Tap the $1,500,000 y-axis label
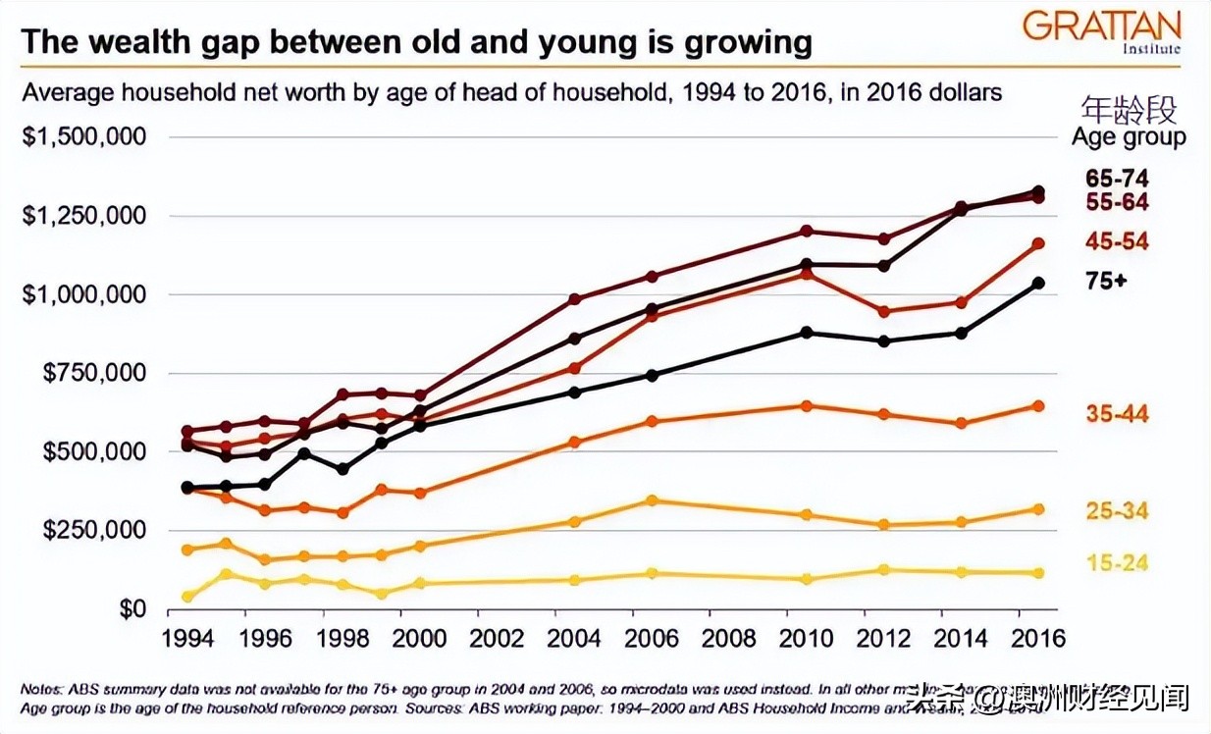[83, 136]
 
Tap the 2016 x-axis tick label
[1038, 638]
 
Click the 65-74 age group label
[1117, 179]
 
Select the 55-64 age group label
[1117, 202]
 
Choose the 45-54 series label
[1117, 242]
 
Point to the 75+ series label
[1106, 281]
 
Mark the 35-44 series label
[1117, 413]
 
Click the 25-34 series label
[1117, 511]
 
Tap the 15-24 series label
[1117, 563]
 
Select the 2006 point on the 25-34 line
[652, 500]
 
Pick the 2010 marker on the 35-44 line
[807, 405]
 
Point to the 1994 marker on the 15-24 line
[187, 597]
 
